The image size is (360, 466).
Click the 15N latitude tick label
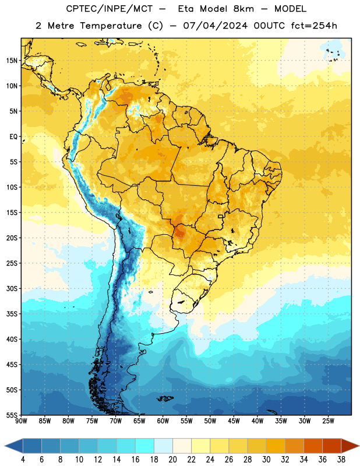pos(12,61)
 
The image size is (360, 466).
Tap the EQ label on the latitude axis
pos(13,137)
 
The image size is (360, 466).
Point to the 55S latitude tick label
pos(12,415)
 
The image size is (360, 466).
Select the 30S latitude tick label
pos(12,288)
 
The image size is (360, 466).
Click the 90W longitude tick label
pos(21,421)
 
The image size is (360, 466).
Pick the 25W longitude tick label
pos(328,421)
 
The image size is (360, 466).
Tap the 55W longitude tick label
pos(186,421)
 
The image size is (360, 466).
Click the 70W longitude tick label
pos(116,421)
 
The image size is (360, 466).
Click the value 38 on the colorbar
pos(341,460)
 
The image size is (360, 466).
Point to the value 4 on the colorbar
pos(23,460)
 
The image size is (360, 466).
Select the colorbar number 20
pos(172,460)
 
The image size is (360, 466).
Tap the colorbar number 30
pos(266,460)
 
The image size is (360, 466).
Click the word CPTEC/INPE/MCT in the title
pos(110,9)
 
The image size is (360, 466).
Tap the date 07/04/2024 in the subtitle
pos(215,26)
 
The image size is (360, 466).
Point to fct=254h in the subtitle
pos(314,26)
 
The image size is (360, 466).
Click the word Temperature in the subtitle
pos(111,26)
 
